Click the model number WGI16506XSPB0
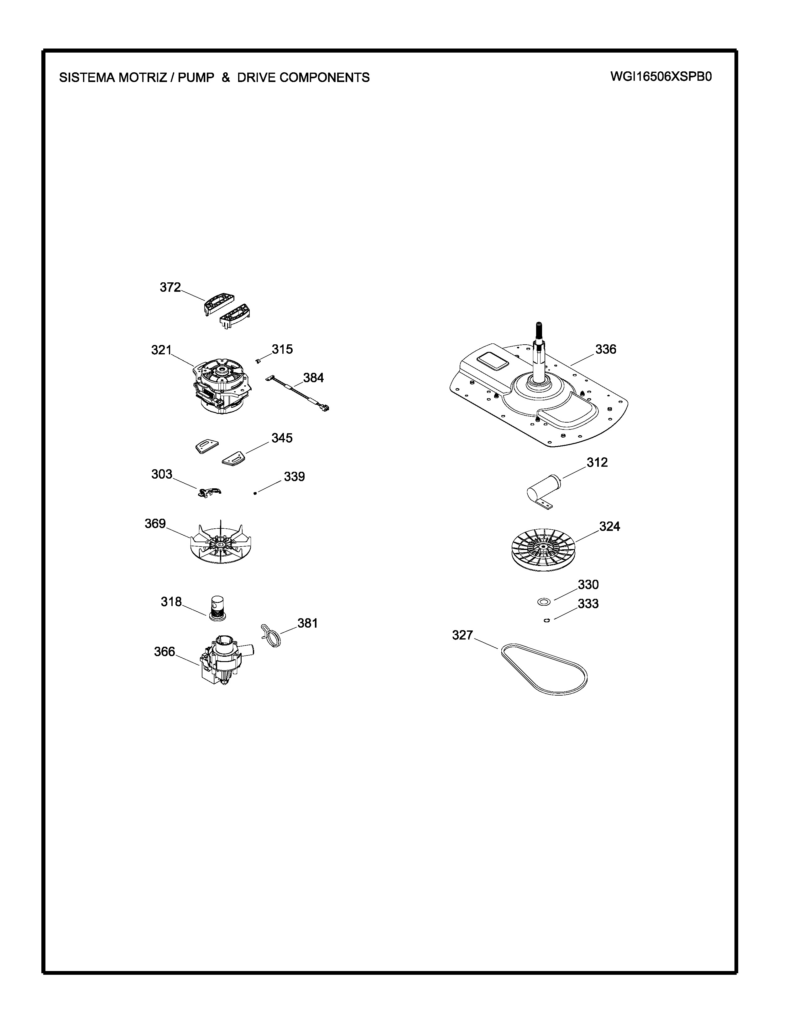click(661, 77)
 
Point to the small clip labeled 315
click(258, 361)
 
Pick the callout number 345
click(282, 438)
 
